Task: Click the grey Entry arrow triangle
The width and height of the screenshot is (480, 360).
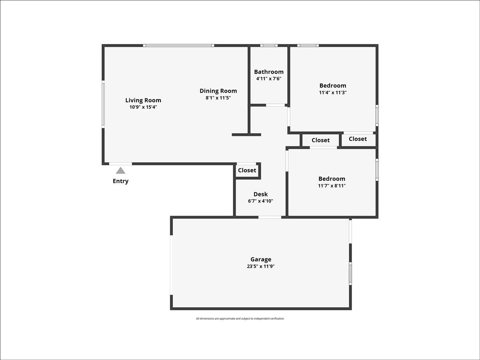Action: pos(120,170)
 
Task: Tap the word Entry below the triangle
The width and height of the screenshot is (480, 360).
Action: pos(120,181)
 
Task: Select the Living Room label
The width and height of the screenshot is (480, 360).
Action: pos(143,100)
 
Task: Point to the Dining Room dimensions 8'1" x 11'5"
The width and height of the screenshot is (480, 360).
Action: pos(218,98)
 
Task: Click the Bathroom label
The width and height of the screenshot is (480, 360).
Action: pos(269,72)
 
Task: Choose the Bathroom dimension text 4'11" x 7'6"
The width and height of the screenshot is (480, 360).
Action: pos(269,79)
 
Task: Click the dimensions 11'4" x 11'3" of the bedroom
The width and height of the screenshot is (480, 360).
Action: pos(333,92)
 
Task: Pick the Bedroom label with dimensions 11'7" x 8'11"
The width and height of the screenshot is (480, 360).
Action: pos(332,179)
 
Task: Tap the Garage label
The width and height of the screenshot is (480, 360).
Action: pos(261,260)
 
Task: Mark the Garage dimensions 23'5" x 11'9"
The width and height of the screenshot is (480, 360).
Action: pos(261,266)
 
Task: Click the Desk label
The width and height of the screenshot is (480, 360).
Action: pos(261,194)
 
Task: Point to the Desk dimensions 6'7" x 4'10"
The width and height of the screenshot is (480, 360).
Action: pos(261,201)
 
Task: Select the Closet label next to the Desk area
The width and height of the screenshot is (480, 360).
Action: pos(247,170)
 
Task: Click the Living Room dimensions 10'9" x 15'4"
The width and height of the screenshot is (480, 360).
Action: pos(143,107)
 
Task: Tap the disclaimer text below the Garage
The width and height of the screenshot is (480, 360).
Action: pos(240,319)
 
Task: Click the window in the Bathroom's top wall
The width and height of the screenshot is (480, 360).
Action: pos(269,46)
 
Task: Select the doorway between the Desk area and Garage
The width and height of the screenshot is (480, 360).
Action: pos(270,217)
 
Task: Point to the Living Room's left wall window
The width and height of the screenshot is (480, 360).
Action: pos(103,104)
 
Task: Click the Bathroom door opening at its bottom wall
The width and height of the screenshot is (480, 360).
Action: pos(276,105)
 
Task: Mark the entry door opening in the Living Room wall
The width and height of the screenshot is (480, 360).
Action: pos(120,164)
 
